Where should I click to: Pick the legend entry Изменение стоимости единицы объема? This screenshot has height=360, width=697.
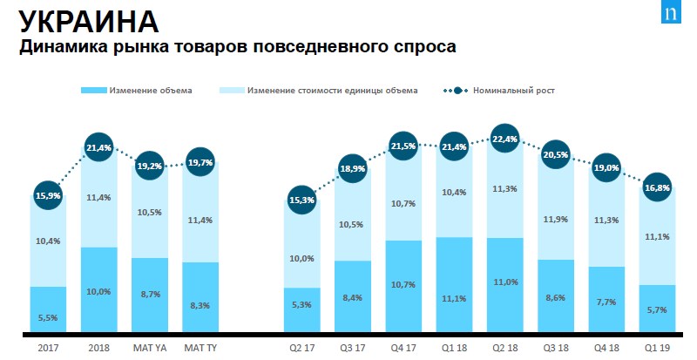332,90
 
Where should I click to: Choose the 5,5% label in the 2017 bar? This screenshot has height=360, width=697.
48,318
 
